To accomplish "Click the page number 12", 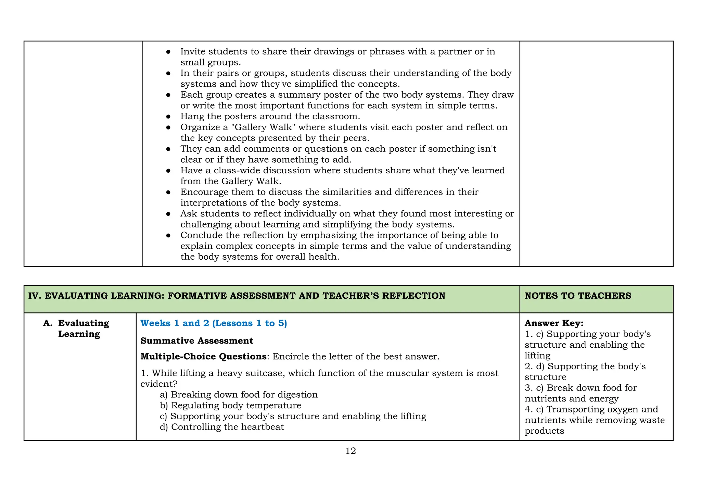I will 350,451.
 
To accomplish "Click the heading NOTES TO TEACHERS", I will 578,296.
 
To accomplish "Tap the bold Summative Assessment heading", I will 197,340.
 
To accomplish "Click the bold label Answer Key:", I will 554,323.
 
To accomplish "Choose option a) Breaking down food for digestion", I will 239,395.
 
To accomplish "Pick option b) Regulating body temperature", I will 230,405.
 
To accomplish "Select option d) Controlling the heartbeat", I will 222,427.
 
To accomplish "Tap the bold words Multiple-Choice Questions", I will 203,357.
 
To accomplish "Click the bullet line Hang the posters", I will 270,116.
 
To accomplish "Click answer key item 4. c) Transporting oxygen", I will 591,409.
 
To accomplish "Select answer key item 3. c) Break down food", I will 581,388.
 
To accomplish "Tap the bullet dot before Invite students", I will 168,52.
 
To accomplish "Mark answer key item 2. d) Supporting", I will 585,366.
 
